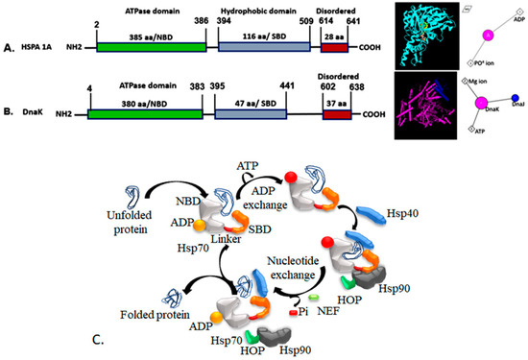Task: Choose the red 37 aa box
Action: click(x=339, y=111)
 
